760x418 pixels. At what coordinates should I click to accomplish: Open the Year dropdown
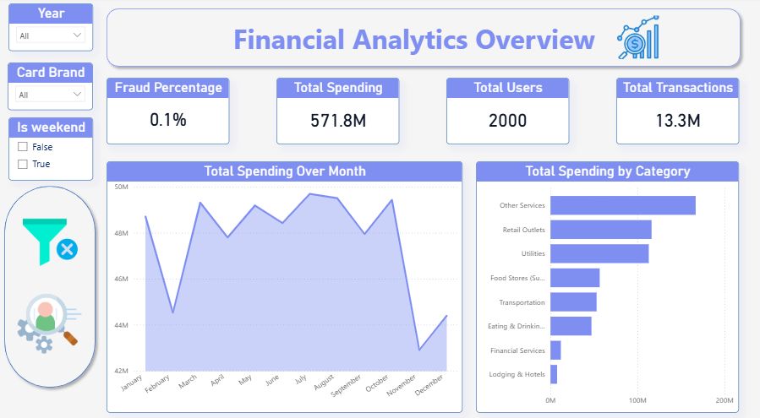52,35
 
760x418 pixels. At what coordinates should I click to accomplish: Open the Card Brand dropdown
52,95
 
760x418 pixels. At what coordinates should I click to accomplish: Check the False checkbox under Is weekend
23,147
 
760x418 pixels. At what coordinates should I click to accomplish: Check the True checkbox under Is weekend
23,164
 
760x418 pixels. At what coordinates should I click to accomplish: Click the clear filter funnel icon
49,242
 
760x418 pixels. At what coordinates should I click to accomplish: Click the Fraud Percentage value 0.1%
167,120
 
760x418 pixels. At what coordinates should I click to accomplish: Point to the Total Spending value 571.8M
338,121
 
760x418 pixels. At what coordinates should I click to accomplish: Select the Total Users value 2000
507,121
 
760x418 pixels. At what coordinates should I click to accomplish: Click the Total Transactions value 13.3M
677,121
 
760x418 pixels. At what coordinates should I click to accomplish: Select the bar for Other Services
622,205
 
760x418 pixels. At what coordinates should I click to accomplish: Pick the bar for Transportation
573,302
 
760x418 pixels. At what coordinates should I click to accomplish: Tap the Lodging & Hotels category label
517,375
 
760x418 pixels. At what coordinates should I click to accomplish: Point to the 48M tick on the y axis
121,233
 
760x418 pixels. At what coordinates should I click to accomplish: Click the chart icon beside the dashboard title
638,38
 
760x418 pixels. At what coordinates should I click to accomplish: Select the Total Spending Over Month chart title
285,171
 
